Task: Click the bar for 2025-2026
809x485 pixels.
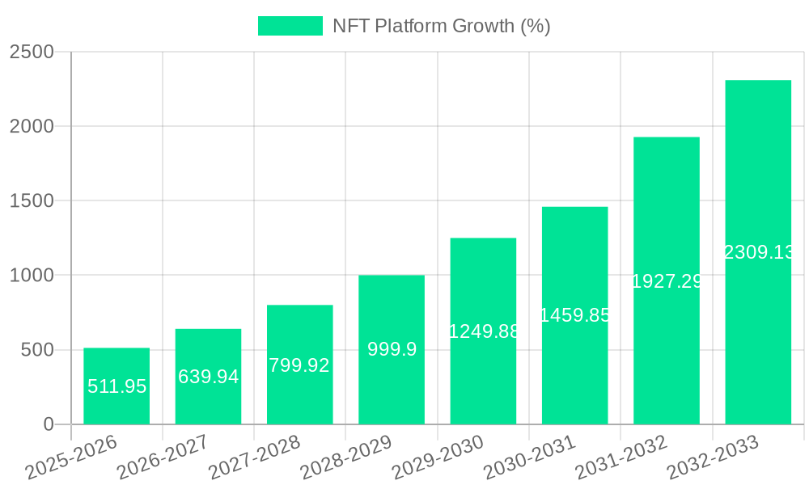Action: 116,386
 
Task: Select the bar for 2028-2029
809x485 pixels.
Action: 392,349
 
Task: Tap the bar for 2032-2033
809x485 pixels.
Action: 758,252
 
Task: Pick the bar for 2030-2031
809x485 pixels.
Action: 574,315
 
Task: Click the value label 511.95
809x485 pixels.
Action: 116,386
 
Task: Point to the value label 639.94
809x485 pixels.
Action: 208,377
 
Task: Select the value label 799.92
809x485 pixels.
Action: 299,365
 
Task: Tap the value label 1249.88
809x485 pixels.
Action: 484,331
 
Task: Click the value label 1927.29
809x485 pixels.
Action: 667,281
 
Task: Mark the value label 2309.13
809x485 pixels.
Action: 759,252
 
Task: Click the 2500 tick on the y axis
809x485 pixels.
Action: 32,53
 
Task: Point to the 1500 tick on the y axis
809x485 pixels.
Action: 32,201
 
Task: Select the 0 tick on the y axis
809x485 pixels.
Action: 48,424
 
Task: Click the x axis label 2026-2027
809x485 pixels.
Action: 163,458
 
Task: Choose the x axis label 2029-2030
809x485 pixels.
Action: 438,458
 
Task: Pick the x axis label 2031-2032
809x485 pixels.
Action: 621,458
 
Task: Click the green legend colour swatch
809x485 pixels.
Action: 290,26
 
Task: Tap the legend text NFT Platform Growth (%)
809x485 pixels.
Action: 442,26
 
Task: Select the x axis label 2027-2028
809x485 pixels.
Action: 254,458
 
